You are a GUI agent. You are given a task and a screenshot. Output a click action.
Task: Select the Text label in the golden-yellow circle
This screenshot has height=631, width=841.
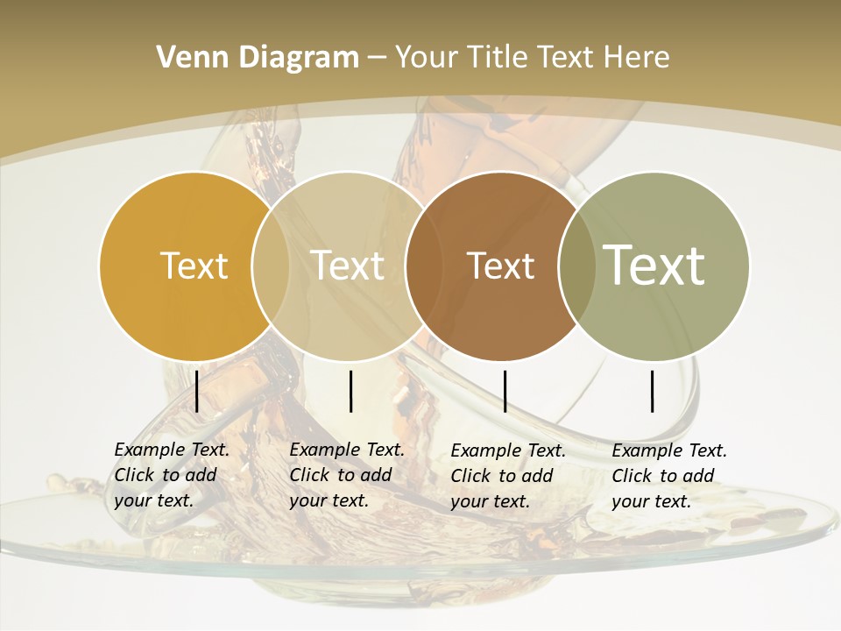point(194,266)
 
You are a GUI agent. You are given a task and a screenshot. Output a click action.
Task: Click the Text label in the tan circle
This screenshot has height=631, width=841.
point(348,266)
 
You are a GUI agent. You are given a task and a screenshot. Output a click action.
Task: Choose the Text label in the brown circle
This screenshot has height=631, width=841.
point(500,266)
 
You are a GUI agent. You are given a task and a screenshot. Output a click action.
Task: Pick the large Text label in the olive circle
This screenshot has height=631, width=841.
point(654,266)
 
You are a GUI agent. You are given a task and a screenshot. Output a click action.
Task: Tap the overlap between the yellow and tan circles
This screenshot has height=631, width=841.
point(271,266)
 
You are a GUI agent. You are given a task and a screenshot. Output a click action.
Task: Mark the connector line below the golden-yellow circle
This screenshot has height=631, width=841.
point(197,391)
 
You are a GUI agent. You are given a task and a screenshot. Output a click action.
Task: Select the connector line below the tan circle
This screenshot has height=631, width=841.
point(351,391)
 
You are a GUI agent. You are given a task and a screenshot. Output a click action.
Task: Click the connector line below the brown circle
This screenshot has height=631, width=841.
point(505,391)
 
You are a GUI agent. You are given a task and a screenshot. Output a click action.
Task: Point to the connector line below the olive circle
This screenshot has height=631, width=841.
point(653,391)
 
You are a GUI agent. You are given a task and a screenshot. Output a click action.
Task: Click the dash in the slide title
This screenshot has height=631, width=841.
point(377,58)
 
